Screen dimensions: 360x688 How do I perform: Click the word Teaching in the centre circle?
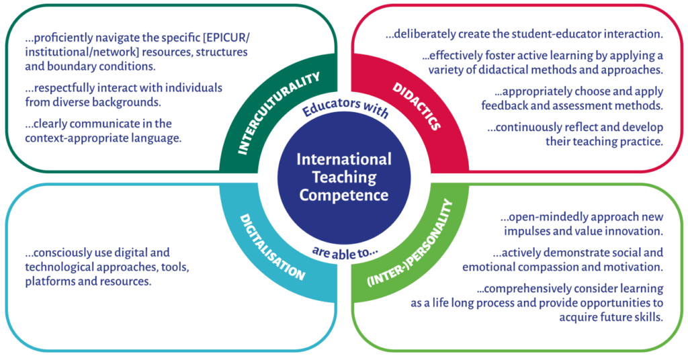tap(344, 177)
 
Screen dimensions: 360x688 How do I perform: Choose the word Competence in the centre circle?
tap(344, 195)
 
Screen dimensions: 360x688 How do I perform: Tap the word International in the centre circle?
tap(344, 160)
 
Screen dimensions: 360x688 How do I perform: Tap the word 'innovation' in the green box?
tap(636, 231)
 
